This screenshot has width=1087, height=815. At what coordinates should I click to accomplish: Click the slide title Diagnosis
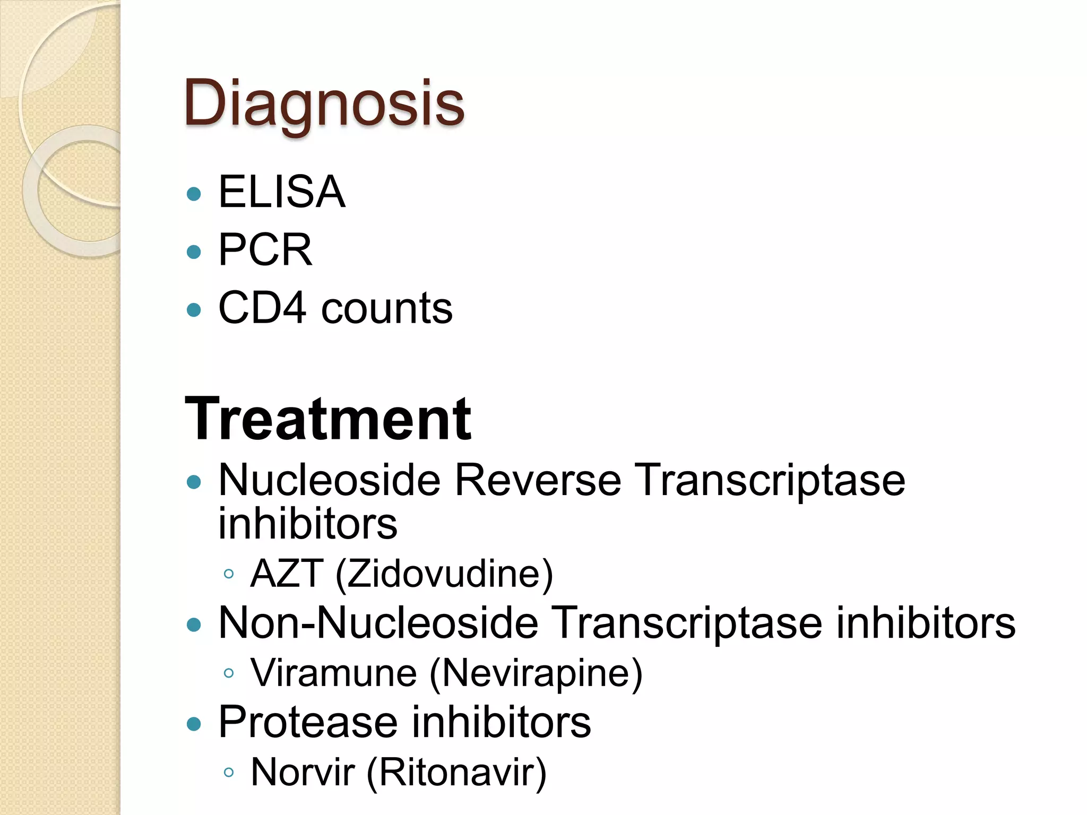(x=324, y=103)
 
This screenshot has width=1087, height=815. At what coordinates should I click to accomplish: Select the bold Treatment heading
(x=327, y=419)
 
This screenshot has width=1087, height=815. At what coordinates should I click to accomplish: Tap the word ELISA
(x=282, y=192)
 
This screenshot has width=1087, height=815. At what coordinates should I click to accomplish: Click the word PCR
(x=265, y=250)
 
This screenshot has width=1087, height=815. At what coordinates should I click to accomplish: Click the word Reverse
(x=538, y=480)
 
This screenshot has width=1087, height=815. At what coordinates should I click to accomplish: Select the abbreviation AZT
(x=287, y=574)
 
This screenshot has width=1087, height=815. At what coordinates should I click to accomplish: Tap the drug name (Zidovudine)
(x=444, y=575)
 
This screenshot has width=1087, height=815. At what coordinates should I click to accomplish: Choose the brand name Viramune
(x=334, y=673)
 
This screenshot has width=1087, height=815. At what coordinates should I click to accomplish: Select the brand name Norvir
(x=303, y=772)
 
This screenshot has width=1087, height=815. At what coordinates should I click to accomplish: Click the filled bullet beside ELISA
(x=194, y=194)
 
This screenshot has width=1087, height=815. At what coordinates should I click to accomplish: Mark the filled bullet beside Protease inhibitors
(x=194, y=724)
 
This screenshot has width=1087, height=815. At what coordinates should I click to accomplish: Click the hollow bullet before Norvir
(x=229, y=773)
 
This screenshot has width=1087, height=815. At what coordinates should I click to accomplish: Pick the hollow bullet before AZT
(x=229, y=574)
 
